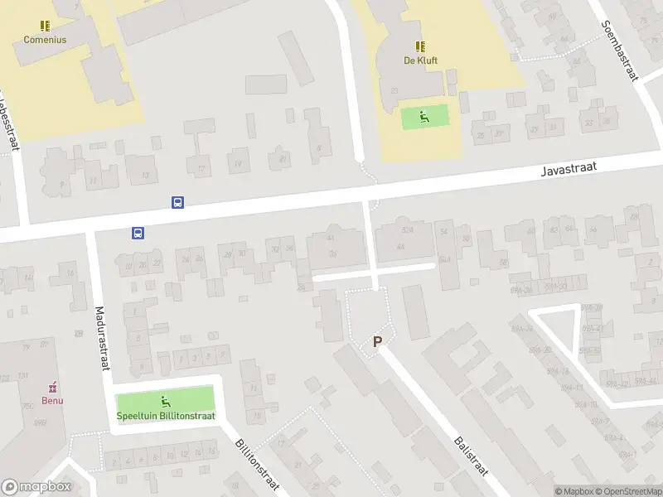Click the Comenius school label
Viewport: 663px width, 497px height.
click(x=45, y=39)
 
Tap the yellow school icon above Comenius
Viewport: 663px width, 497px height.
click(x=45, y=26)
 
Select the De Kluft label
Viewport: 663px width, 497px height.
click(x=420, y=60)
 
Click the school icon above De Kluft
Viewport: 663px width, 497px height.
click(x=420, y=46)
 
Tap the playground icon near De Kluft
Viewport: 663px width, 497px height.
click(x=424, y=117)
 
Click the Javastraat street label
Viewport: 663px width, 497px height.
click(x=568, y=169)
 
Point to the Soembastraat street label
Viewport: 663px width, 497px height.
click(x=620, y=50)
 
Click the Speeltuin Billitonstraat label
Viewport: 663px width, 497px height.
click(x=166, y=416)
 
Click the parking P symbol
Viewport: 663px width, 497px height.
click(x=378, y=341)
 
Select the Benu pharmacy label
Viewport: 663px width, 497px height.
click(x=53, y=400)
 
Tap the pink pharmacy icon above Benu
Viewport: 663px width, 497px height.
click(x=53, y=387)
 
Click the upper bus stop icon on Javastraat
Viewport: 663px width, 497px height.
click(x=177, y=202)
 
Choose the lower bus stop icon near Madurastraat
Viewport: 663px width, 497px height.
click(x=138, y=233)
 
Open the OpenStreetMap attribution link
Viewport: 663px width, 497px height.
click(x=627, y=491)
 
